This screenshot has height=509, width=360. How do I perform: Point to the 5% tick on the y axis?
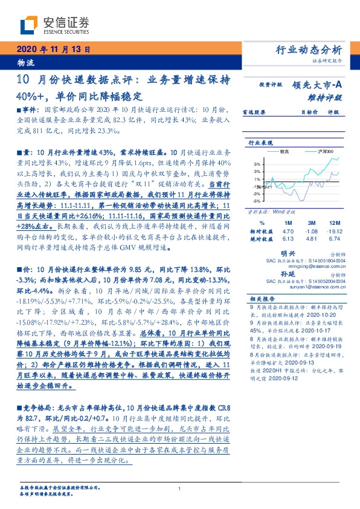[257, 164]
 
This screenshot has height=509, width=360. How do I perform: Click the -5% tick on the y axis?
[257, 201]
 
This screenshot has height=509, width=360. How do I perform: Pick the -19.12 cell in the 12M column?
[334, 231]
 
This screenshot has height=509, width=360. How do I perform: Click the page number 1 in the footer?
[180, 488]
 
